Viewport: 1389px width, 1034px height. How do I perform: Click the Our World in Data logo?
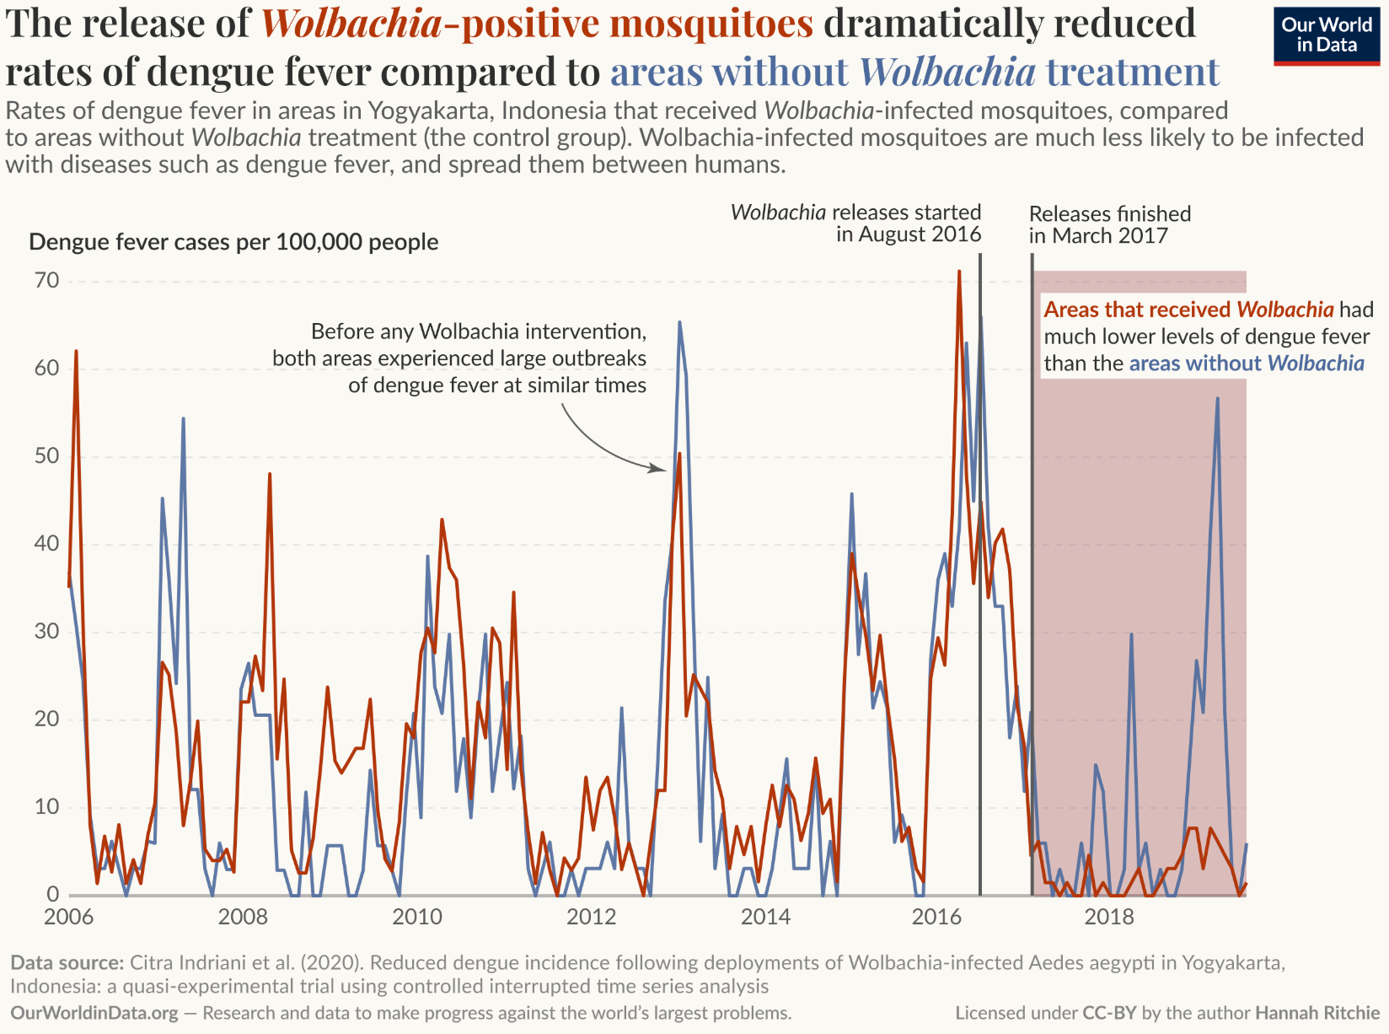coord(1326,35)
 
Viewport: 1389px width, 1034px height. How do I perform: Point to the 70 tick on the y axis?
coord(47,281)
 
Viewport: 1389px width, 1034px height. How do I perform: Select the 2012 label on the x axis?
coord(591,917)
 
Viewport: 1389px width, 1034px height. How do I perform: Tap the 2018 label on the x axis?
coord(1109,917)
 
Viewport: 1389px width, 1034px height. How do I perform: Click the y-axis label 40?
coord(47,544)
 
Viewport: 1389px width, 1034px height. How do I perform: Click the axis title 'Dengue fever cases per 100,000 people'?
coord(233,242)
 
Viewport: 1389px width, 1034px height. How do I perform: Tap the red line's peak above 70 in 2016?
coord(958,272)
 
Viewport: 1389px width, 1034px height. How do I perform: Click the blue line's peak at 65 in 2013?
coord(679,322)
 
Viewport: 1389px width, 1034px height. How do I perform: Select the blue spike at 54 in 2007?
coord(183,418)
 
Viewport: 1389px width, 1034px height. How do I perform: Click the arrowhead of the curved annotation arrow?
coord(663,469)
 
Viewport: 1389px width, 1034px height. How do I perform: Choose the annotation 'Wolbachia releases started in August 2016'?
coord(855,223)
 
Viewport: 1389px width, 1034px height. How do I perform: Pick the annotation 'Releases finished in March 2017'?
coord(1109,224)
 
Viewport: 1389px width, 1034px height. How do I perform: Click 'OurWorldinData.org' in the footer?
coord(94,1013)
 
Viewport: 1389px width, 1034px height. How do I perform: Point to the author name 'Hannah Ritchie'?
coord(1317,1013)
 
